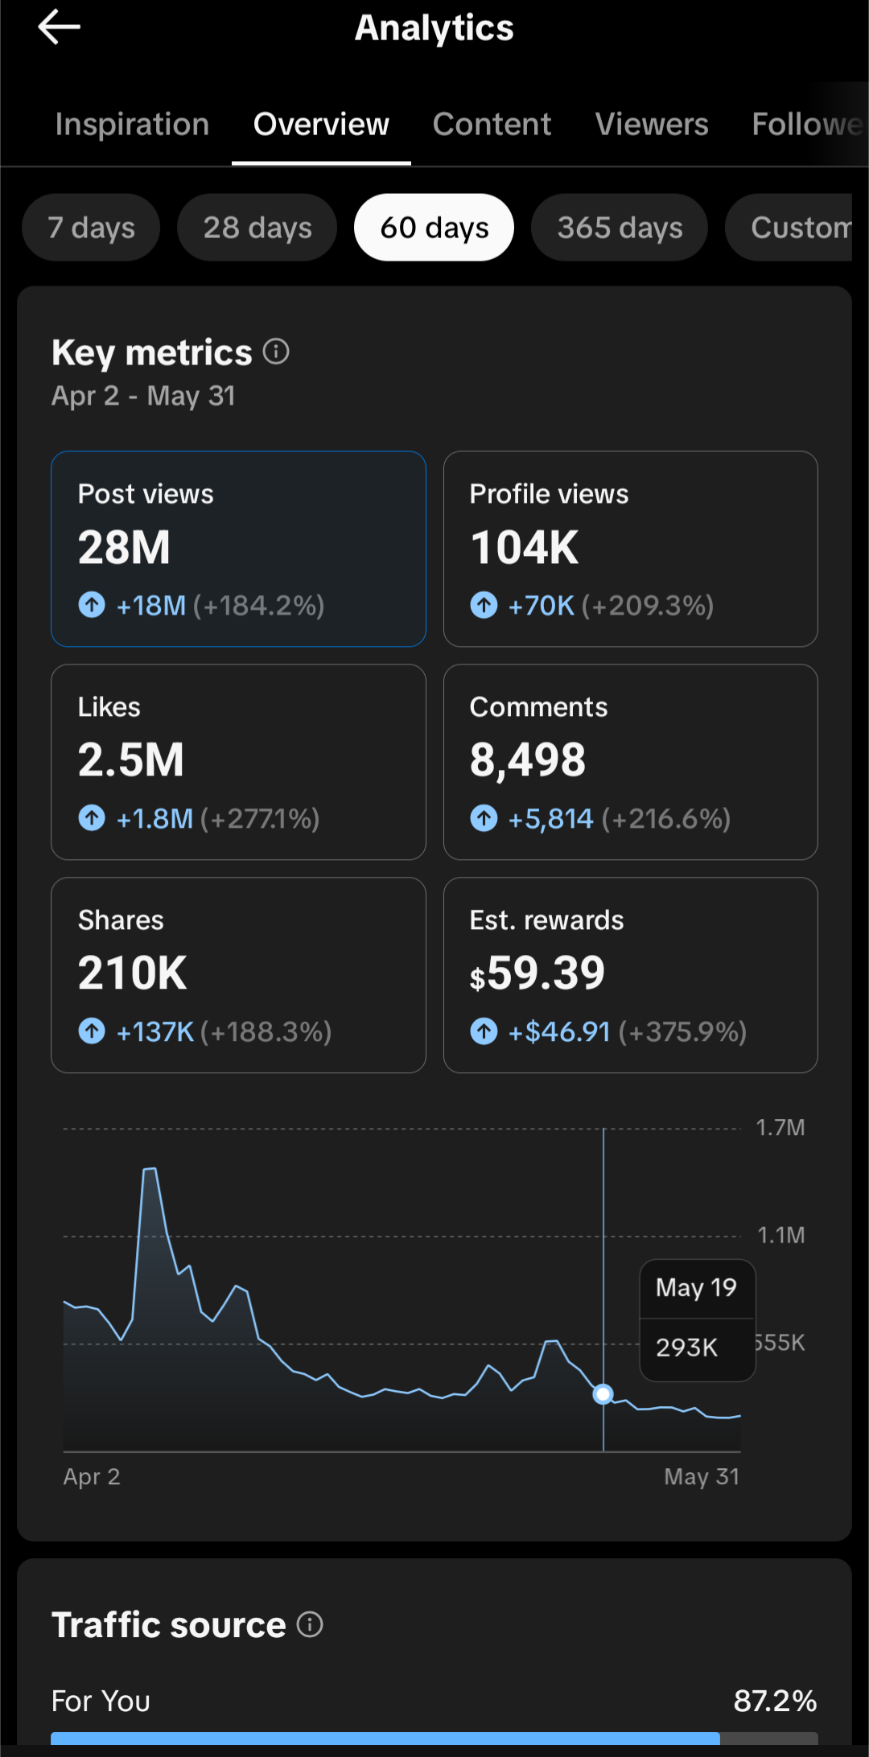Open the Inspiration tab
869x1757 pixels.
click(132, 124)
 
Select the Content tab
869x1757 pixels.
click(492, 124)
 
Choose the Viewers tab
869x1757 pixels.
click(652, 124)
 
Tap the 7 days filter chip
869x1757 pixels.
click(91, 228)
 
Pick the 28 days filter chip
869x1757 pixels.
click(257, 228)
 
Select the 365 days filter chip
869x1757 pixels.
click(620, 228)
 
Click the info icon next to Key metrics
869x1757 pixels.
click(276, 352)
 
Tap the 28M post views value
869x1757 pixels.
click(124, 548)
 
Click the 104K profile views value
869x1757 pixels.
click(525, 548)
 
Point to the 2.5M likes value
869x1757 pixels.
click(131, 760)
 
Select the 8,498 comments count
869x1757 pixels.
click(528, 761)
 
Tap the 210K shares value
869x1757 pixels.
click(133, 973)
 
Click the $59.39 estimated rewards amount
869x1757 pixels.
click(537, 973)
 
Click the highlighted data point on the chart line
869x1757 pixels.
click(603, 1394)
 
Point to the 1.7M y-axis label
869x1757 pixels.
click(780, 1128)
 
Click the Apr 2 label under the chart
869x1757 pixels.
click(92, 1477)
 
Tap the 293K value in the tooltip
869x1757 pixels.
click(686, 1348)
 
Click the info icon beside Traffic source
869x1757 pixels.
click(310, 1624)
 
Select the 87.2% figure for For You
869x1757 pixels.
click(776, 1701)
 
